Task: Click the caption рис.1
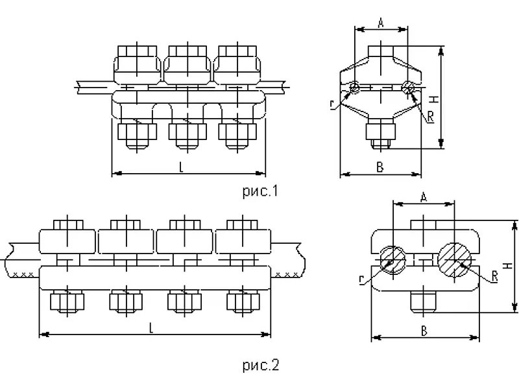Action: point(261,191)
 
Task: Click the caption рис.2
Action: point(261,365)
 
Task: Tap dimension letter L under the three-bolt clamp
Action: point(181,167)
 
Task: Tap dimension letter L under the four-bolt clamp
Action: point(151,328)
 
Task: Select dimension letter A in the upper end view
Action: point(381,23)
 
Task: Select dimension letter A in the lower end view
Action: point(424,198)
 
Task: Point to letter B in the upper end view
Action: point(380,167)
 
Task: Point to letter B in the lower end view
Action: point(424,331)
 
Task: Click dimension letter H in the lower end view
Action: point(507,266)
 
